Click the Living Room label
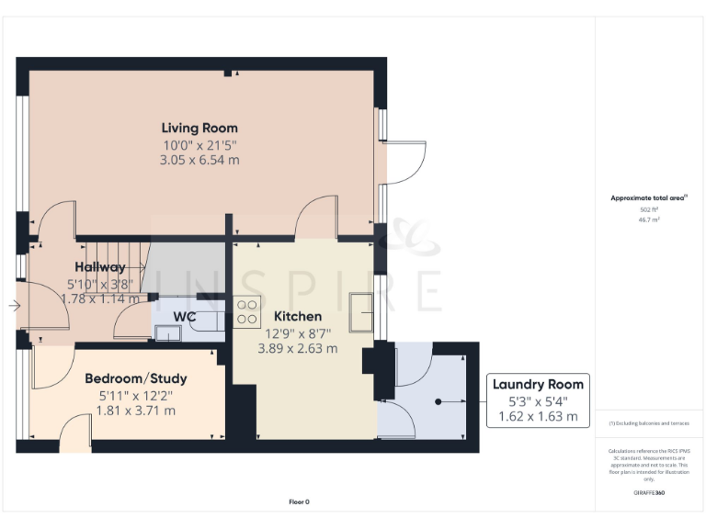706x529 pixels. click(199, 128)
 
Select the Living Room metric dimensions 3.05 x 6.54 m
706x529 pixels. click(199, 160)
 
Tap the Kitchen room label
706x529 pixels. click(297, 317)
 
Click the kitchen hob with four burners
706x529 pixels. click(247, 311)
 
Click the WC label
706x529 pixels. click(185, 317)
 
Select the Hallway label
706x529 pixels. click(100, 267)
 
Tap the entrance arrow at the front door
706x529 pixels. click(14, 306)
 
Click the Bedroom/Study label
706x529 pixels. click(136, 378)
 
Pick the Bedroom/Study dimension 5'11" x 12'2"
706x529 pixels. click(136, 395)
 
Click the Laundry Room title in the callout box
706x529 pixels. click(538, 384)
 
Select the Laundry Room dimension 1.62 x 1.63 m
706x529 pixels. click(538, 416)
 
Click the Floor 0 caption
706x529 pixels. click(300, 501)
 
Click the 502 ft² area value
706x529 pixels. click(650, 209)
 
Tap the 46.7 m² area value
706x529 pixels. click(650, 220)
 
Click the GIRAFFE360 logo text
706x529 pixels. click(649, 493)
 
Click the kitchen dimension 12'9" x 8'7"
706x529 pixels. click(297, 333)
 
